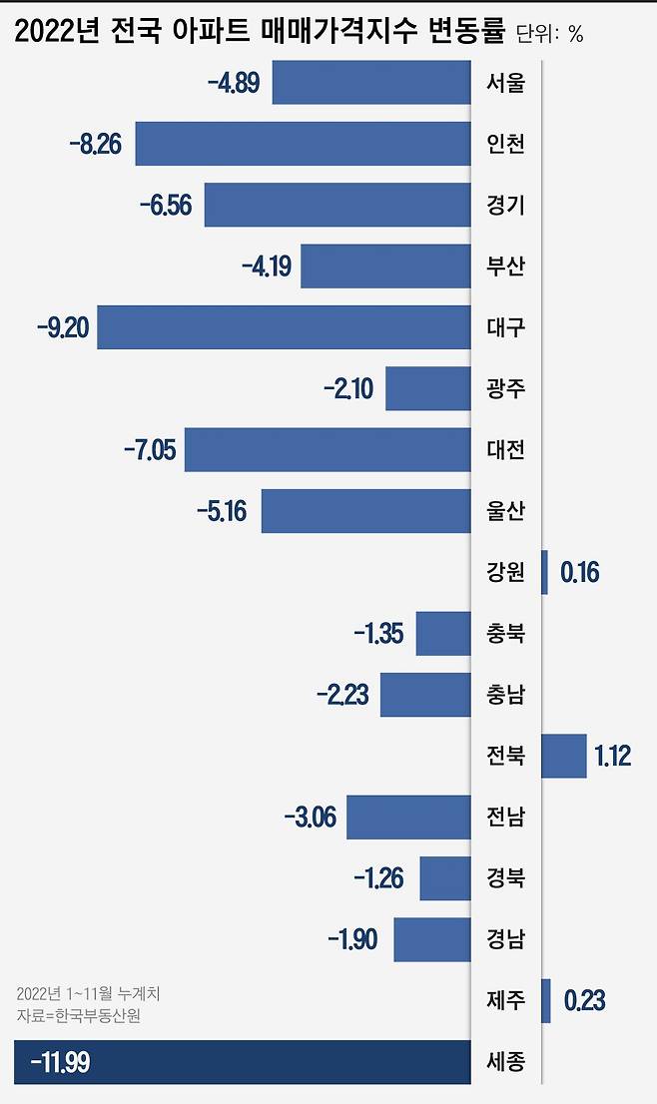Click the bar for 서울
point(370,82)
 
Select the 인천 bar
point(303,144)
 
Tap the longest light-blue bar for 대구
point(284,327)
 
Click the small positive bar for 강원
point(544,573)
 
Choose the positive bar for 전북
point(563,756)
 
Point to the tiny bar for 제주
point(545,1000)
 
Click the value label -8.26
point(96,145)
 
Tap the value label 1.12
point(613,757)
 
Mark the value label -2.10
point(348,389)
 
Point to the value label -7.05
point(150,450)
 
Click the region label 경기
point(505,206)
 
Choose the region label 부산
point(505,267)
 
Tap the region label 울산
point(505,511)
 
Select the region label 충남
point(505,695)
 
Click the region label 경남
point(505,939)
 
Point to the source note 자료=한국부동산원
point(79,1015)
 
